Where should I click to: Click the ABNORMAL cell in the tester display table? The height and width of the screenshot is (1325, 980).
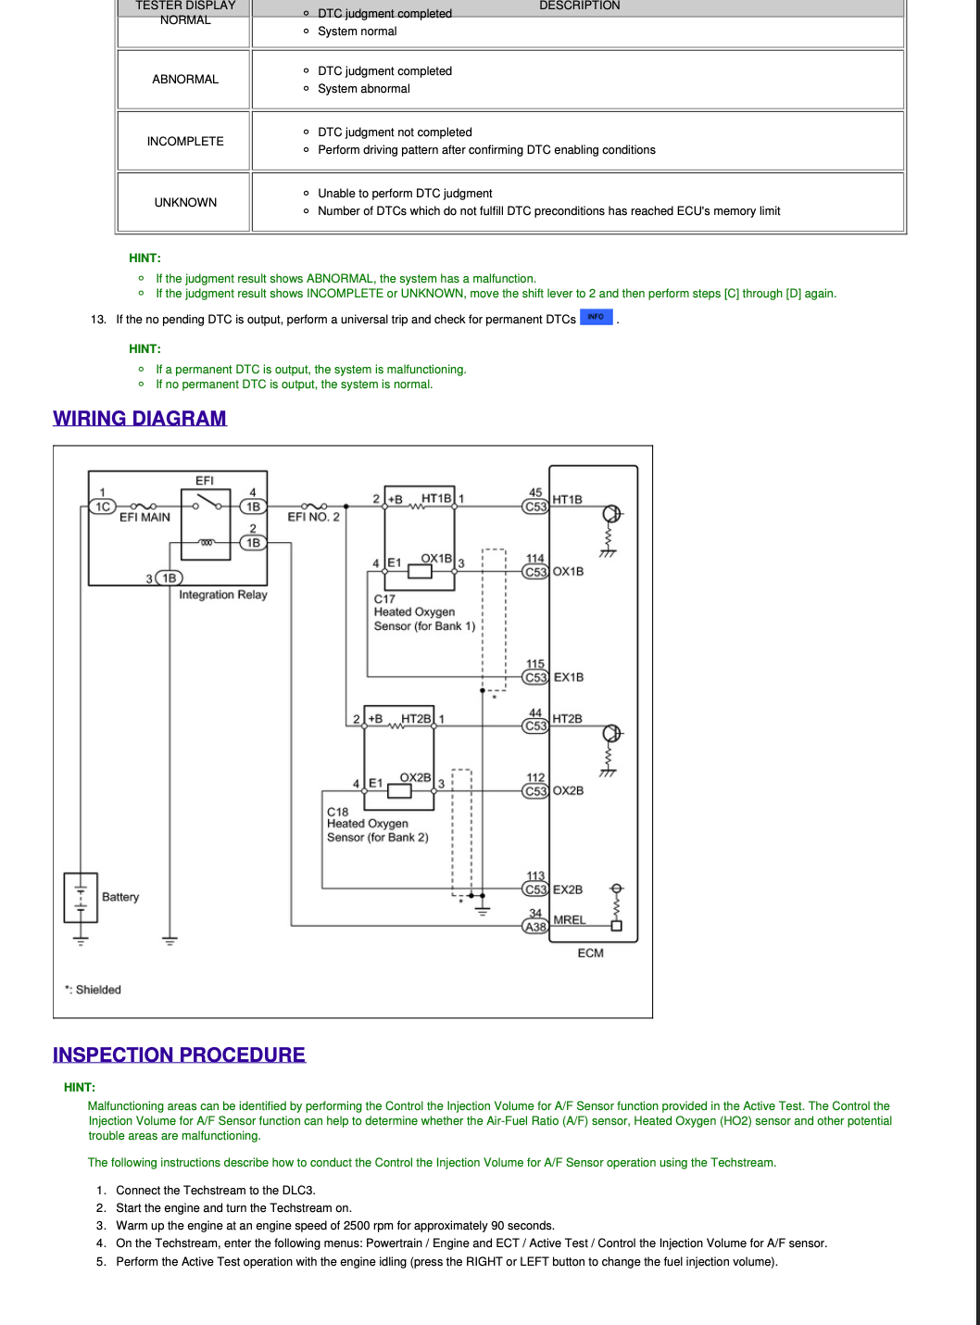[x=185, y=80]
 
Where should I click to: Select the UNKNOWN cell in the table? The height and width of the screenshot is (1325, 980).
[x=185, y=203]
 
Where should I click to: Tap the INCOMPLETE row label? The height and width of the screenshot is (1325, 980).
[x=185, y=141]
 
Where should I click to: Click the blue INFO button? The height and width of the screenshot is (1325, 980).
[x=596, y=317]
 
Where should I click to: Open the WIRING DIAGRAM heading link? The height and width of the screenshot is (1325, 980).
[x=140, y=418]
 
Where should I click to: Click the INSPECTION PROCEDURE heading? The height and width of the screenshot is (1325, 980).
[x=179, y=1054]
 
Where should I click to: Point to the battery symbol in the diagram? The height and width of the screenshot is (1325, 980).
[x=81, y=897]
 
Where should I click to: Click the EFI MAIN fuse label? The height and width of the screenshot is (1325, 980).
[x=144, y=517]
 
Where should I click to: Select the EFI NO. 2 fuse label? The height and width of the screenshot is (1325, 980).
[x=313, y=517]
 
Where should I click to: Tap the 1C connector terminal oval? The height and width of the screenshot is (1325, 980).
[x=103, y=507]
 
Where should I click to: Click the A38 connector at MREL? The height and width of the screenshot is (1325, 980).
[x=535, y=927]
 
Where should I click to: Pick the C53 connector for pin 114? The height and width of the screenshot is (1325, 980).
[x=535, y=572]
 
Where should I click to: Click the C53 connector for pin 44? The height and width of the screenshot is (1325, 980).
[x=535, y=726]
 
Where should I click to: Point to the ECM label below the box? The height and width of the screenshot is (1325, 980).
[x=591, y=953]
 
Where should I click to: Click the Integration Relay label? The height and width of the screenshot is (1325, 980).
[x=222, y=595]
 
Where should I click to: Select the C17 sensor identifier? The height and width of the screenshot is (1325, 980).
[x=384, y=599]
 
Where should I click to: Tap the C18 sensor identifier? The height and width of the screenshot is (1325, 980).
[x=337, y=812]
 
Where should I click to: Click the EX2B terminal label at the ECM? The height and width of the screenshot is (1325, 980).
[x=568, y=890]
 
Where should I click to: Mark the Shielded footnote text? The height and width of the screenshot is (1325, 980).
[x=94, y=990]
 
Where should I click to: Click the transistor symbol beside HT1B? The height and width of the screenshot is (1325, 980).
[x=612, y=513]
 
